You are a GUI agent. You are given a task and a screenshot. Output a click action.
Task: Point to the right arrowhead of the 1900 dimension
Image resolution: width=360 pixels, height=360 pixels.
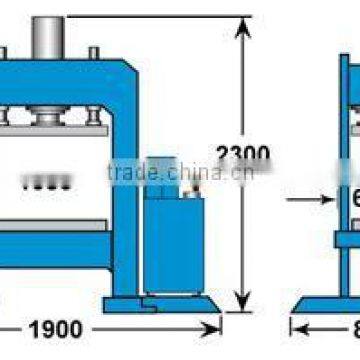[x=215, y=327]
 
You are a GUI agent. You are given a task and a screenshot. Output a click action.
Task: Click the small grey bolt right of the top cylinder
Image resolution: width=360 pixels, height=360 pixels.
[x=93, y=51]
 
